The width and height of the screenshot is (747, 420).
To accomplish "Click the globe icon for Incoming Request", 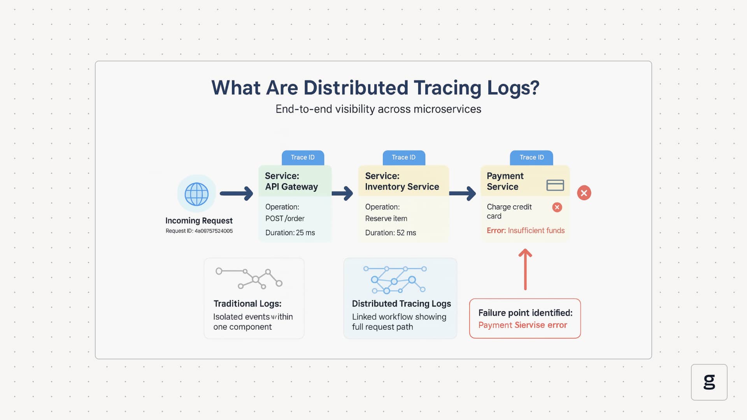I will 196,194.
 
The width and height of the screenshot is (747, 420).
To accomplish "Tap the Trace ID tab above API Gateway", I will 303,157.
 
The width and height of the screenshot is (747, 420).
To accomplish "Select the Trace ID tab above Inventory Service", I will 403,157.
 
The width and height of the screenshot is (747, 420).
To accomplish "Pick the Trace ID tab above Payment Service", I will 531,157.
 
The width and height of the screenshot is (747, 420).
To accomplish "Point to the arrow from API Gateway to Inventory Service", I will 342,193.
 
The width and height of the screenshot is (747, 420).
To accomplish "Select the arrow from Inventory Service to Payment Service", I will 463,193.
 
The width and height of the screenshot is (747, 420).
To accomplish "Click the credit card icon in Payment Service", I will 555,185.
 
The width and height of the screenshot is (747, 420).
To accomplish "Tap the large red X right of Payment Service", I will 584,193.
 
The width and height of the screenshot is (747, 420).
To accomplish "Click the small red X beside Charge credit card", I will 557,207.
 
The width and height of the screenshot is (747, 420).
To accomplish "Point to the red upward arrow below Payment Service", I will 525,269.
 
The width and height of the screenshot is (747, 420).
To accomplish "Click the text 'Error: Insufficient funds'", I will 525,231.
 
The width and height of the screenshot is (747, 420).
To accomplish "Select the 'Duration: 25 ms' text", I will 290,233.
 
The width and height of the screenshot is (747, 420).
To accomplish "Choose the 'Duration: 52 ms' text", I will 390,233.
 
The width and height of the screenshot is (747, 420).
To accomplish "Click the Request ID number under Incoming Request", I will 213,231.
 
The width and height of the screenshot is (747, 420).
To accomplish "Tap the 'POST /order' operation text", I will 285,219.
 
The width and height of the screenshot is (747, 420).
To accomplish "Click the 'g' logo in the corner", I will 709,382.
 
